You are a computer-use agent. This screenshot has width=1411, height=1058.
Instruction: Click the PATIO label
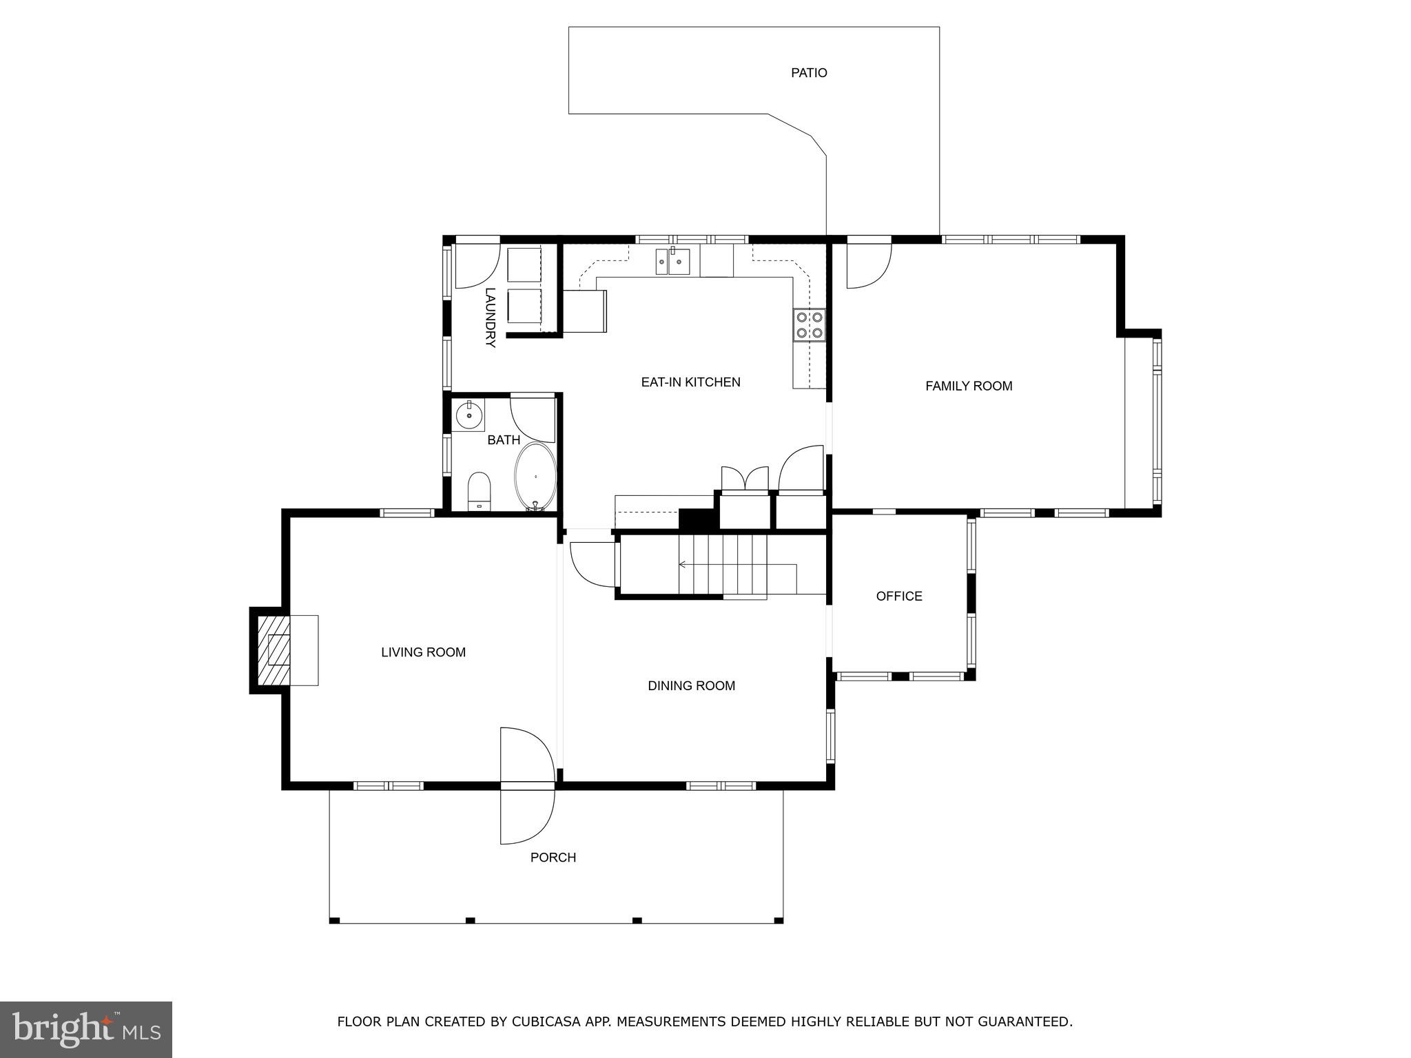(x=808, y=72)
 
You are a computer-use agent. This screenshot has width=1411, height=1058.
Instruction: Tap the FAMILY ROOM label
(x=968, y=386)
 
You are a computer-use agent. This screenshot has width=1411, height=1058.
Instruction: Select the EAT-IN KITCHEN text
(x=690, y=382)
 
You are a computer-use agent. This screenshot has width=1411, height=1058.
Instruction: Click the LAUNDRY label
(x=490, y=317)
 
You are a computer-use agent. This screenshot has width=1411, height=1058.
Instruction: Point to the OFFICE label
(x=898, y=596)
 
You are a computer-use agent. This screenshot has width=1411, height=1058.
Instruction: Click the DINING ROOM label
(x=691, y=685)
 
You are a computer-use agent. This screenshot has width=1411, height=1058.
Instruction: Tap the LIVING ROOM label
(x=423, y=652)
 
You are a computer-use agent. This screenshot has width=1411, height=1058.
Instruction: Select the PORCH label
(x=553, y=857)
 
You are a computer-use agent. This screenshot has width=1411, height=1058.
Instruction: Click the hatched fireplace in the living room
(x=274, y=650)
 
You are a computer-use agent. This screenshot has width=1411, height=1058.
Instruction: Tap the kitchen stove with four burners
(x=809, y=325)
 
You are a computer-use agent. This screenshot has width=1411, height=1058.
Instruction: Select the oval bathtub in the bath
(x=535, y=476)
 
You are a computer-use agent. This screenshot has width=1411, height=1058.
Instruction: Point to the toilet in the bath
(x=479, y=490)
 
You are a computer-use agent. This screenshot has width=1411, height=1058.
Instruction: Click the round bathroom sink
(x=469, y=415)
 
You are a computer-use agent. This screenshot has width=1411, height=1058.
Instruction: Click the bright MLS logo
(x=85, y=1029)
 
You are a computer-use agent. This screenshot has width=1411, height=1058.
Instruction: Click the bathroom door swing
(x=533, y=419)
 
